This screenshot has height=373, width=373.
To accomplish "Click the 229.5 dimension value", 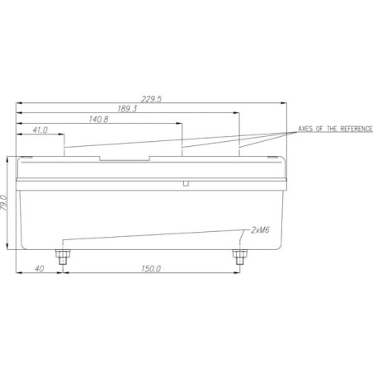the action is [152, 99].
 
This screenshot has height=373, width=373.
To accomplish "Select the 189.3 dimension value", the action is [127, 109].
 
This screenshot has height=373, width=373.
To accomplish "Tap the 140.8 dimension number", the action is [98, 120].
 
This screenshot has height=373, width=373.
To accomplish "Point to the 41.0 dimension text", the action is [40, 130].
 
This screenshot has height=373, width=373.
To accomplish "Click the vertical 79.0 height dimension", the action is [3, 203].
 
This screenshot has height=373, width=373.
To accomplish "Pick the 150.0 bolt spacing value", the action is [151, 269].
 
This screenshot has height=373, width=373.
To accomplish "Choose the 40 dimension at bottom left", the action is [40, 269].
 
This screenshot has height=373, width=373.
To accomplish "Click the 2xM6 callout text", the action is [260, 230].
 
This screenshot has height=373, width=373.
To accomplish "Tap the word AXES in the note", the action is [305, 129].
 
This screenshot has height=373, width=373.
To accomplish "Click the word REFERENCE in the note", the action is [356, 129].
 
